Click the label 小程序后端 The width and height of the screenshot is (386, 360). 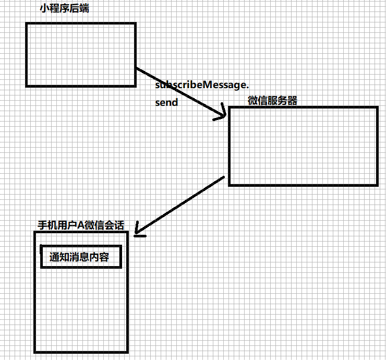64,9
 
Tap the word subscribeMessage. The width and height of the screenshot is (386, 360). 202,85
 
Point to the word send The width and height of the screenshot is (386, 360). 166,102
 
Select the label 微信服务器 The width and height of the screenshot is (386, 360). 272,101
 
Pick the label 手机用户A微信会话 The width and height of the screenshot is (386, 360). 81,225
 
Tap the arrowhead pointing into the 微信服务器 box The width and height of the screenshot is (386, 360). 222,114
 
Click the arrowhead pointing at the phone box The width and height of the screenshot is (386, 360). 138,232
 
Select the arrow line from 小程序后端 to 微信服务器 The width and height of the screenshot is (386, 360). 181,92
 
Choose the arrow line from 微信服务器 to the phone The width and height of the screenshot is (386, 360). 180,205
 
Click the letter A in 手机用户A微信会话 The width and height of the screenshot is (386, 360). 81,225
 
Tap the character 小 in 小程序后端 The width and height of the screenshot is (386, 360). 44,9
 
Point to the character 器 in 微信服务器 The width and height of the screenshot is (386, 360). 293,101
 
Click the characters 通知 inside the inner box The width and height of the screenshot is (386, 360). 59,257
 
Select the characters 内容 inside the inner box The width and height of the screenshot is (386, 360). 99,257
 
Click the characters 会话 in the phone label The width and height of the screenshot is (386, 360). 114,225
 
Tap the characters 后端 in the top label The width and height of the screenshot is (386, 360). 79,9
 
